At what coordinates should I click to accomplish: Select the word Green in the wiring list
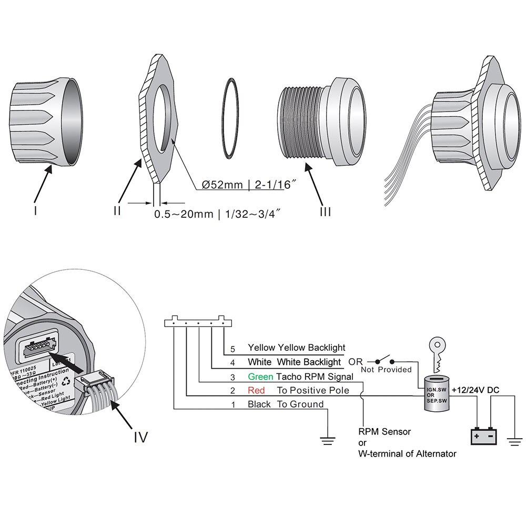tap(260, 377)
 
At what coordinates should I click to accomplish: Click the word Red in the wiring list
tap(256, 390)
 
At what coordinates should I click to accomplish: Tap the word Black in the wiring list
tap(259, 404)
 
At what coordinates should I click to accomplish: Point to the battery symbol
tap(483, 436)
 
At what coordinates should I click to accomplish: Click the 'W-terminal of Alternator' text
tap(407, 453)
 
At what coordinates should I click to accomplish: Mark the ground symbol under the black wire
tap(328, 441)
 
